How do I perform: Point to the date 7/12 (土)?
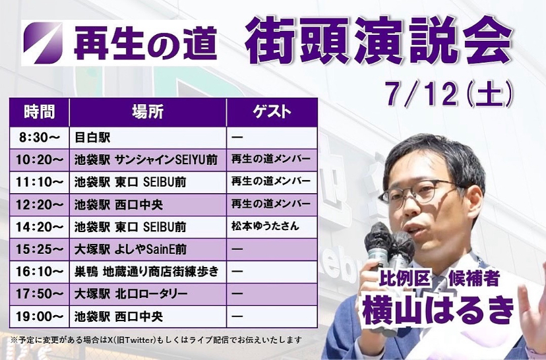tap(449, 94)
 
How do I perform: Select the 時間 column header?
tap(40, 112)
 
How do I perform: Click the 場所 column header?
tap(148, 112)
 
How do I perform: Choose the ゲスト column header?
tap(272, 112)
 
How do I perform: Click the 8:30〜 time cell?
tap(40, 138)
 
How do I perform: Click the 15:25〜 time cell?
tap(40, 249)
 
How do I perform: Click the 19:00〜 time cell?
tap(40, 316)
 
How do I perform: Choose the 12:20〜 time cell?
tap(40, 204)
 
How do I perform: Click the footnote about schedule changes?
tap(156, 340)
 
